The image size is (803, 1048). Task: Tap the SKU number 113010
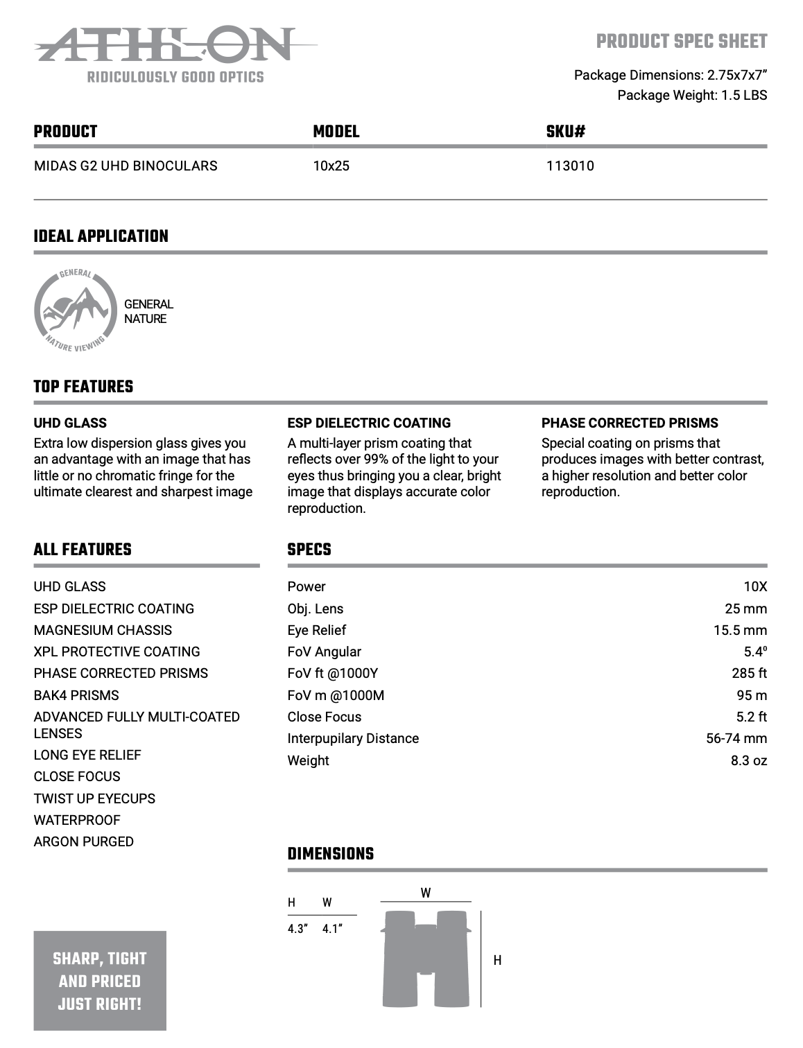pos(569,166)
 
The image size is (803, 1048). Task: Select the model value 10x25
pos(331,166)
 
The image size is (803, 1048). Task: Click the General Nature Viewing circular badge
pos(74,310)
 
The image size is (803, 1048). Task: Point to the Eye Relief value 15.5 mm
pos(740,630)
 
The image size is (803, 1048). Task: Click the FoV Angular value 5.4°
pos(755,652)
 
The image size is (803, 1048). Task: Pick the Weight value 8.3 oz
pos(748,760)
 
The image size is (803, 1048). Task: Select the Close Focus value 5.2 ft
pos(751,717)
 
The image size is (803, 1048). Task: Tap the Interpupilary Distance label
pos(353,738)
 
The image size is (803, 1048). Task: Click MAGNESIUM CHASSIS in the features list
pos(103,630)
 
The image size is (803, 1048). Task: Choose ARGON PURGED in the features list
pos(84,841)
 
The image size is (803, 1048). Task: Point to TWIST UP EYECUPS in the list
pos(94,798)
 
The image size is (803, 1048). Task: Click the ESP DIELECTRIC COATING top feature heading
pos(369,423)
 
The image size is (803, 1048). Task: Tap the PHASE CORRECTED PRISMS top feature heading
pos(630,423)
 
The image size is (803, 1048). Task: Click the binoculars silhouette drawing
pos(425,959)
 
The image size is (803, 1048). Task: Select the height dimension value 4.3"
pos(297,929)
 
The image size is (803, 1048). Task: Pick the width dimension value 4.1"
pos(332,929)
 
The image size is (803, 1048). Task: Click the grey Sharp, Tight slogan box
pos(100,980)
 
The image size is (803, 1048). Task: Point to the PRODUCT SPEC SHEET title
pos(681,42)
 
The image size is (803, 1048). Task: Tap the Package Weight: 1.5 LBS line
pos(692,95)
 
